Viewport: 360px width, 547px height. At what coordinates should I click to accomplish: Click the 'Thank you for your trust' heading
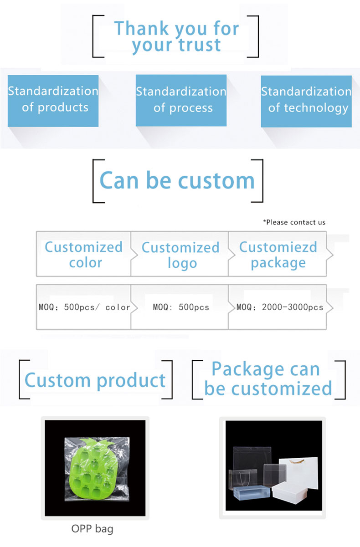[x=176, y=36]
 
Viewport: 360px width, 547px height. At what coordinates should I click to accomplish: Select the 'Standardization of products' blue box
[x=53, y=101]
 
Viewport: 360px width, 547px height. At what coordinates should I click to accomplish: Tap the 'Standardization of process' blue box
[x=181, y=100]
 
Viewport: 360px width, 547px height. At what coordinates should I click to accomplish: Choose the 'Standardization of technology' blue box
[x=306, y=101]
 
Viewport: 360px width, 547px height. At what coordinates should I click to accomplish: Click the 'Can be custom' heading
[x=177, y=180]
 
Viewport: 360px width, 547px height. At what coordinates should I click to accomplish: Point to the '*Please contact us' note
[x=294, y=222]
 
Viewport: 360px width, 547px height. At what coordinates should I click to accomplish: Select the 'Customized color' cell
[x=83, y=254]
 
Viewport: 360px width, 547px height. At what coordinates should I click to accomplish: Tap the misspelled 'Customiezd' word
[x=278, y=247]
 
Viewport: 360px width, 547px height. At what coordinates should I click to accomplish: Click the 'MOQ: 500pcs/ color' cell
[x=83, y=307]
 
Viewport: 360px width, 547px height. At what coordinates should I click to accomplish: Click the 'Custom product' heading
[x=95, y=381]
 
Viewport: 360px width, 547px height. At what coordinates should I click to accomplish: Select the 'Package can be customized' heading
[x=268, y=378]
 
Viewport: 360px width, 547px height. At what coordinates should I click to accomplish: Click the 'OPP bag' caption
[x=93, y=529]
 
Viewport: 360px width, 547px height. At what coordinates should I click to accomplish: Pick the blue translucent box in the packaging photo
[x=251, y=492]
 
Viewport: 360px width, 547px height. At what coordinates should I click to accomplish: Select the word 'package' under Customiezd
[x=278, y=263]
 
